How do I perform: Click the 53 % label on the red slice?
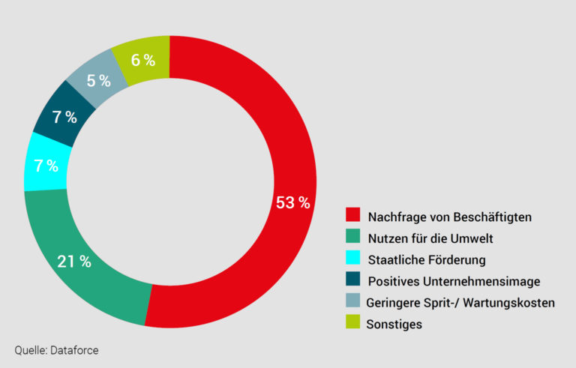click(x=292, y=202)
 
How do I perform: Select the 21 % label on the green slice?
click(x=74, y=262)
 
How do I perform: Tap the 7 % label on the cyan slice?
click(x=46, y=166)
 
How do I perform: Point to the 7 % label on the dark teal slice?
click(x=65, y=117)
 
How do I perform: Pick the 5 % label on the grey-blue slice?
click(x=98, y=80)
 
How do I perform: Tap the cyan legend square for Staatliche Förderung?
click(x=352, y=259)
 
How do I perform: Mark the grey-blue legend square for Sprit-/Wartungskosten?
click(x=352, y=302)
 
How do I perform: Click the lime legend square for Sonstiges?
click(x=352, y=324)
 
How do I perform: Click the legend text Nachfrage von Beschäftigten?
click(x=449, y=217)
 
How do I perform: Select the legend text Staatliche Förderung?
click(x=427, y=260)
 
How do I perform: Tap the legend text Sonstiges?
click(x=394, y=325)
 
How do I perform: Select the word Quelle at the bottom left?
click(x=30, y=349)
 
